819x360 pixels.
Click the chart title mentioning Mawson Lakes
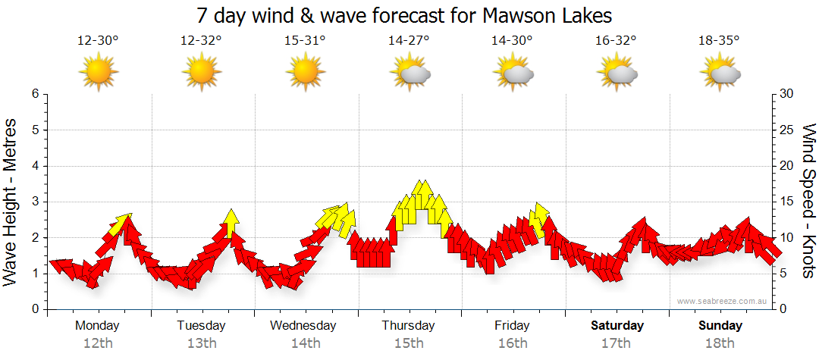pyautogui.click(x=403, y=15)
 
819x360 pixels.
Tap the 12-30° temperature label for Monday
pyautogui.click(x=98, y=41)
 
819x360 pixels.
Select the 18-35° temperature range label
pyautogui.click(x=719, y=41)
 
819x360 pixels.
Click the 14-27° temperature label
pyautogui.click(x=409, y=41)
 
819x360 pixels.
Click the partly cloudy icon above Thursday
pyautogui.click(x=410, y=73)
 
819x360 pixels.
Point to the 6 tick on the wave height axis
pyautogui.click(x=34, y=94)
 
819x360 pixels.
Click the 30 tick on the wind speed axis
pyautogui.click(x=786, y=94)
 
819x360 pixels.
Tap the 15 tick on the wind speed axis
pyautogui.click(x=786, y=202)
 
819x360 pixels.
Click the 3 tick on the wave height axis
pyautogui.click(x=34, y=202)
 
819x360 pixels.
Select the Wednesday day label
pyautogui.click(x=303, y=326)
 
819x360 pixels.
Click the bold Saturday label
pyautogui.click(x=617, y=326)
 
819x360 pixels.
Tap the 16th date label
pyautogui.click(x=513, y=343)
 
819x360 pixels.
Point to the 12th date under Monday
pyautogui.click(x=98, y=343)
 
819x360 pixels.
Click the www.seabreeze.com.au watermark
pyautogui.click(x=723, y=302)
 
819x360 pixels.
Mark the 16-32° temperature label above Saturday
pyautogui.click(x=616, y=41)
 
